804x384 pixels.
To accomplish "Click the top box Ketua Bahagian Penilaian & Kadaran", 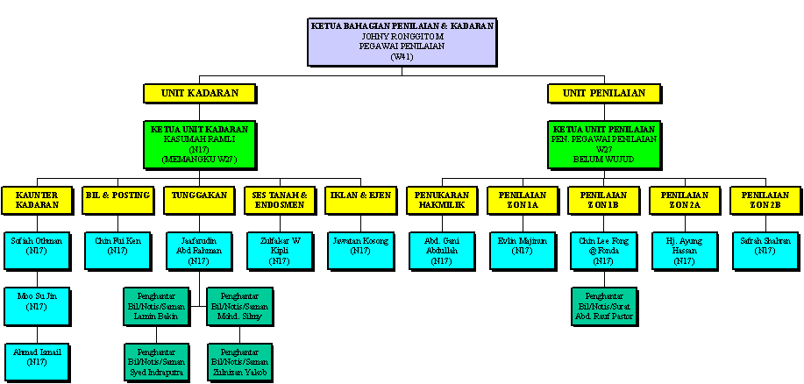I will tap(402, 42).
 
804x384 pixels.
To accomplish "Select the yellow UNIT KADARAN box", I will tap(201, 93).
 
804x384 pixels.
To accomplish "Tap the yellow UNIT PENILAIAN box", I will tap(604, 93).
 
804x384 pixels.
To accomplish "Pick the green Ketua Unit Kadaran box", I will tap(201, 145).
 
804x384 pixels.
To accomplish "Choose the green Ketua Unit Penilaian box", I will tap(604, 145).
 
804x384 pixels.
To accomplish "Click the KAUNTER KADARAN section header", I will tap(36, 200).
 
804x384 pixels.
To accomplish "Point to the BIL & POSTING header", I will tap(117, 200).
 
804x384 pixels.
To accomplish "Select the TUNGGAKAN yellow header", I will tap(198, 200).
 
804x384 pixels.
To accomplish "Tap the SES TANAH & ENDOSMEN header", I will tap(279, 200).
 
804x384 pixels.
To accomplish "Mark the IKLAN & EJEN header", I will tap(359, 200).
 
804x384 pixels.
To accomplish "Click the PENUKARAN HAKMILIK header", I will tap(442, 200).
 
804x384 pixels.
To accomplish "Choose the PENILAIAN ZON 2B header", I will tap(765, 200).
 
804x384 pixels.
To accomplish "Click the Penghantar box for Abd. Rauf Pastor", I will tap(604, 306).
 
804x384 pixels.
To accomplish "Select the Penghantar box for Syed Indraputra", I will tap(157, 361).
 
